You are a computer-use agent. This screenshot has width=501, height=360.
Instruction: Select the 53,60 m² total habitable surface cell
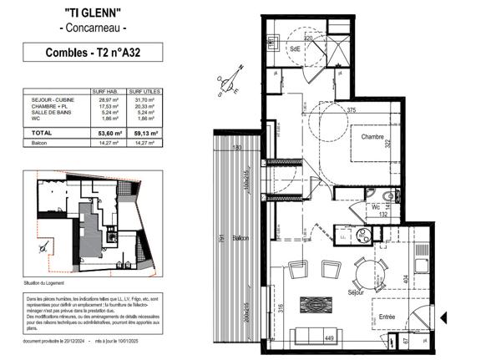[x=110, y=133]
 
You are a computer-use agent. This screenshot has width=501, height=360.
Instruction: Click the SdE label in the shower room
[x=295, y=49]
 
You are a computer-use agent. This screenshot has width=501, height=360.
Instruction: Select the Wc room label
[x=376, y=205]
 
